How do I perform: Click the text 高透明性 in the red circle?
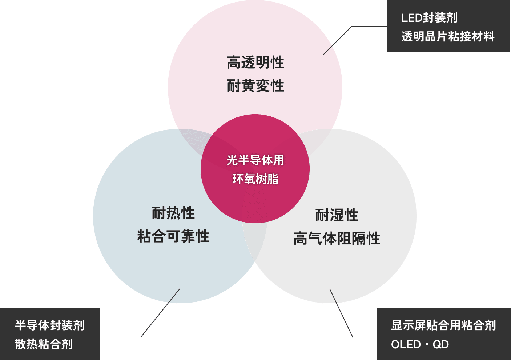pos(255,63)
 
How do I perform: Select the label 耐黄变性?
pos(255,86)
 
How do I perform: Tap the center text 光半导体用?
pos(255,160)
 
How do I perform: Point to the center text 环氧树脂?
pos(255,179)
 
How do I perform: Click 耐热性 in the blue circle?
pos(173,213)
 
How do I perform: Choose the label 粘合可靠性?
pos(173,236)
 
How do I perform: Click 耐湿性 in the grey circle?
pos(337,215)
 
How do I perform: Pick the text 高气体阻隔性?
pos(337,239)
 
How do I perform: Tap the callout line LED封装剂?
pos(429,18)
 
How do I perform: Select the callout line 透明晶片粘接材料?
pos(448,37)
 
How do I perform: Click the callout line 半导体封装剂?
pos(50,325)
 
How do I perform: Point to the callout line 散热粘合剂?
pos(44,344)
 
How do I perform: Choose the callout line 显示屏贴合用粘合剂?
pos(443,325)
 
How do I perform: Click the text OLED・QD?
pos(420,344)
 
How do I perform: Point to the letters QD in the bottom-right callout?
pos(441,344)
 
